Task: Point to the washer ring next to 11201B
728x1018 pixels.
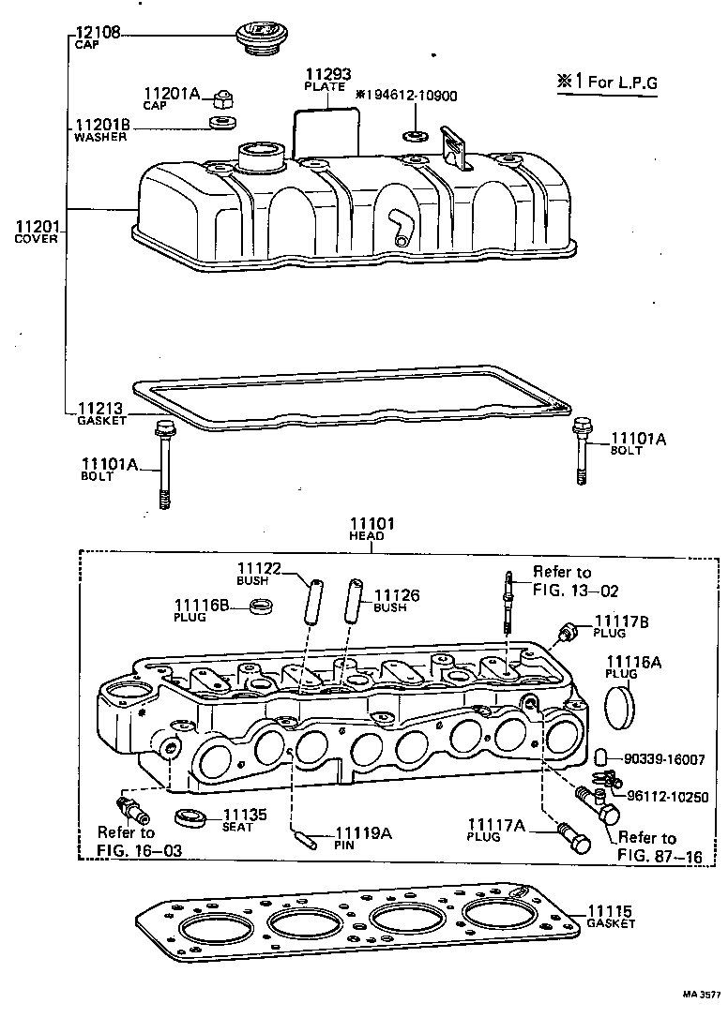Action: pyautogui.click(x=223, y=123)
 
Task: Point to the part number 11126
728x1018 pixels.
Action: pyautogui.click(x=397, y=595)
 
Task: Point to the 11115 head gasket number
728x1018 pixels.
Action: pyautogui.click(x=611, y=910)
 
